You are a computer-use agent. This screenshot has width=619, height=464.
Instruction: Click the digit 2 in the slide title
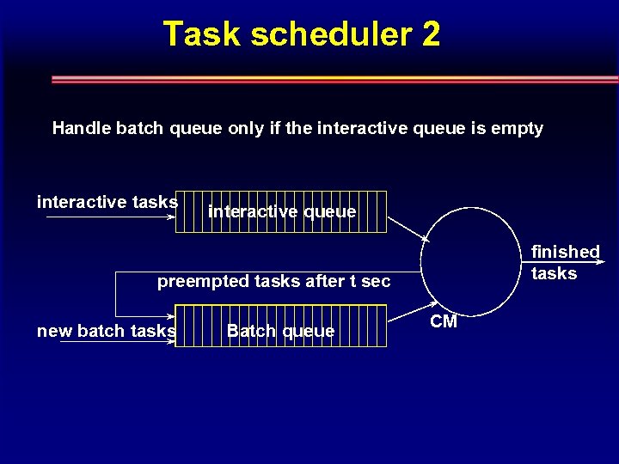430,34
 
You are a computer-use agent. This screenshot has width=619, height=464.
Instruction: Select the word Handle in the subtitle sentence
81,128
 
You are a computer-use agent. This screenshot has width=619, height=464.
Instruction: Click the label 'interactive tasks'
107,202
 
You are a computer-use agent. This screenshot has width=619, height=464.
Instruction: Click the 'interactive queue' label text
282,211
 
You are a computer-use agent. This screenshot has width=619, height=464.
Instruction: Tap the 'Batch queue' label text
280,331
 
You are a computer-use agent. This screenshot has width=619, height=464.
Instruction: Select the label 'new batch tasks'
107,331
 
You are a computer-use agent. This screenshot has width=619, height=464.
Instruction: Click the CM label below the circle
444,321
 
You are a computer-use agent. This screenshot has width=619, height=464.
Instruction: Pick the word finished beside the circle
565,252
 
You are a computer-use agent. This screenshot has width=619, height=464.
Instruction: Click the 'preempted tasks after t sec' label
273,281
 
